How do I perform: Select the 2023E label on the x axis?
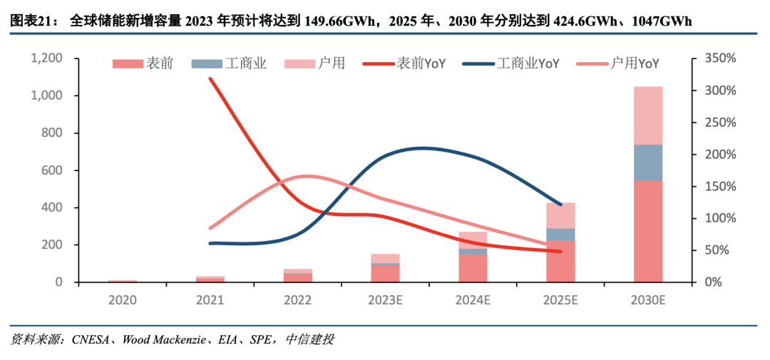tap(385, 300)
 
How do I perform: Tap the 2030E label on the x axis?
tap(647, 300)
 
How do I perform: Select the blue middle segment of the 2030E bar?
tap(647, 162)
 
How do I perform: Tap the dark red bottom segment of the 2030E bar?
tap(647, 231)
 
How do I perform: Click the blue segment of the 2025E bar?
tap(560, 234)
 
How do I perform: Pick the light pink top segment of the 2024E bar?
tap(473, 240)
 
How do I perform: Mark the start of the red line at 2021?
tap(210, 78)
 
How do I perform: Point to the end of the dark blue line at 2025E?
tap(560, 205)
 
